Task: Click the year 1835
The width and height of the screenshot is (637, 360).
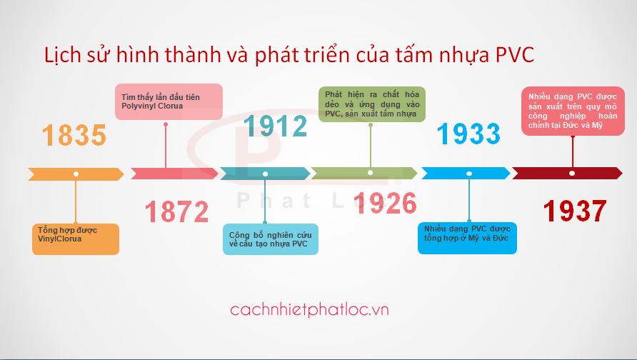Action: coord(74,135)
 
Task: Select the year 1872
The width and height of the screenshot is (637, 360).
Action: coord(176,211)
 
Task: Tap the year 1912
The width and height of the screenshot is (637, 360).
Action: coord(275,126)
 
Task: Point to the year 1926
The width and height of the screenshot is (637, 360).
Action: coord(385,203)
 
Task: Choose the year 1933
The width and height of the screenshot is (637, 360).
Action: coord(468,134)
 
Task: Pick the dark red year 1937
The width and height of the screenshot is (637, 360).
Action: coord(575,211)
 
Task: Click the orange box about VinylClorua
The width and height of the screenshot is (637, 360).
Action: coord(76,239)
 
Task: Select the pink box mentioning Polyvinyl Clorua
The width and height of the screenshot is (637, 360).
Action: coord(169,101)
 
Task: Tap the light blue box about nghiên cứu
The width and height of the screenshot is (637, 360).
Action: coord(271,239)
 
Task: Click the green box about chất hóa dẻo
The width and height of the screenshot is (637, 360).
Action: coord(372,104)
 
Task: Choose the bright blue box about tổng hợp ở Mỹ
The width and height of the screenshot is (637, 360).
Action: coord(467,238)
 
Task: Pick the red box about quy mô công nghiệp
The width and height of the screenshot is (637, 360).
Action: coord(573,111)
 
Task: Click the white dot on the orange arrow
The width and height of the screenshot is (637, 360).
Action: coord(76,174)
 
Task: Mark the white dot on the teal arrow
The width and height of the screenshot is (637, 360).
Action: coord(265,174)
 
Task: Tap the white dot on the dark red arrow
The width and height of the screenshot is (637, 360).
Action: coord(572,174)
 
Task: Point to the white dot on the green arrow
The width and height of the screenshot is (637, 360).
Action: coord(370,173)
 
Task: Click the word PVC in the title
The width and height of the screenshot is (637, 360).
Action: coord(515,55)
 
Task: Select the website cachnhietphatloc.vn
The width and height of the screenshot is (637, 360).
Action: coord(309,309)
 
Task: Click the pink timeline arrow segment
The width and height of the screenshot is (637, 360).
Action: coord(174,174)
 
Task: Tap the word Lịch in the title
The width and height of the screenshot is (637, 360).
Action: coord(63,55)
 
